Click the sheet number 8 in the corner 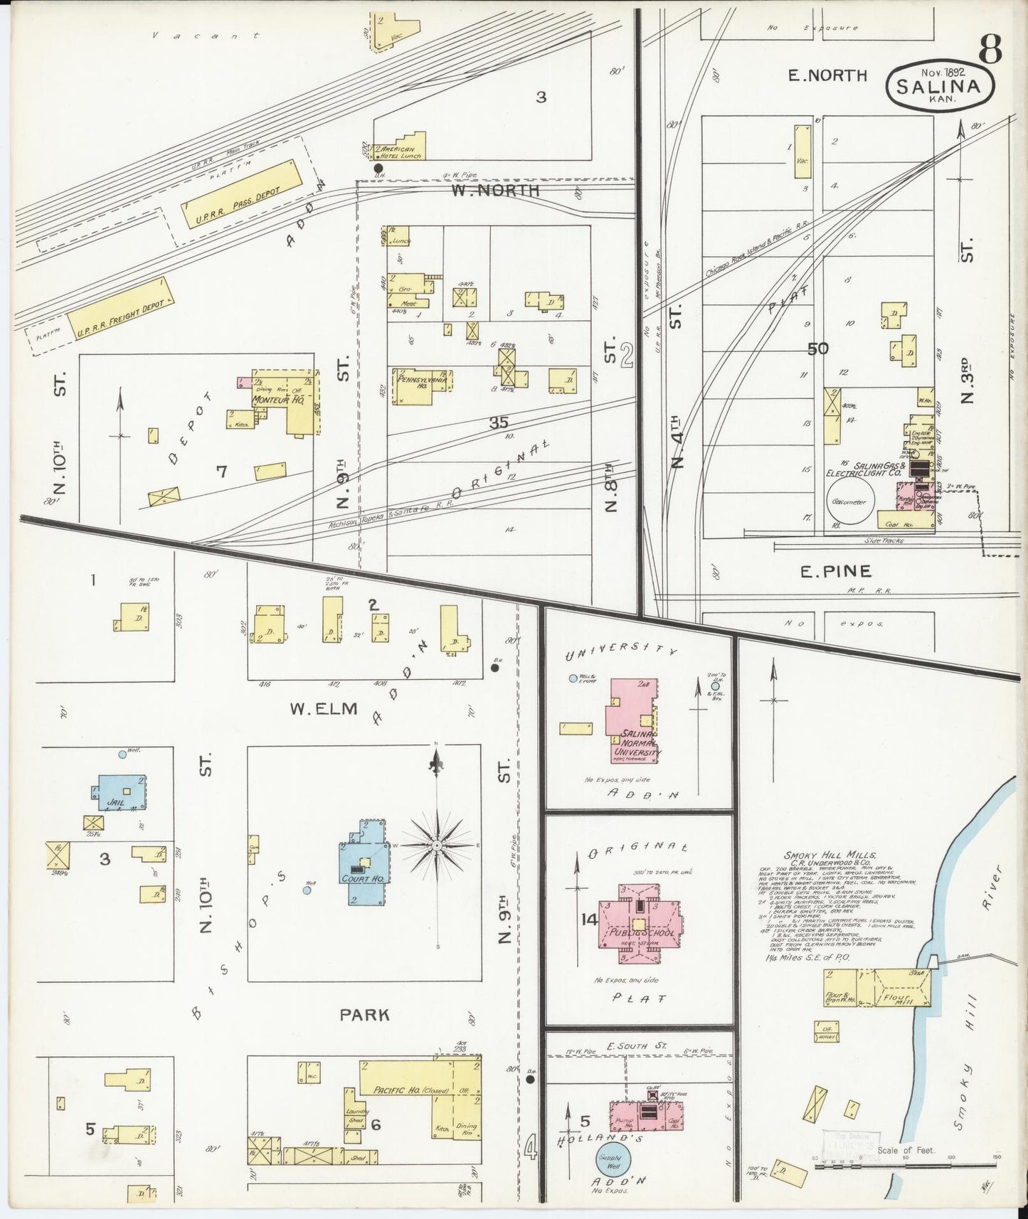[990, 49]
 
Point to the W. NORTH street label [495, 191]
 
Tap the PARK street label [364, 1014]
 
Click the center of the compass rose [437, 844]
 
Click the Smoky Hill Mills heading [830, 856]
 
